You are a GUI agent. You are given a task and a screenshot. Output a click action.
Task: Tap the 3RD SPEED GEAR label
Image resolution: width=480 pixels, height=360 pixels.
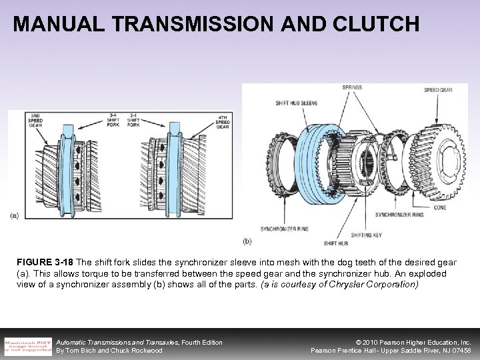click(x=35, y=121)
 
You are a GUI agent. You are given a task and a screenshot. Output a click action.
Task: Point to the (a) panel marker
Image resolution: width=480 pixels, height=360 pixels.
click(x=15, y=215)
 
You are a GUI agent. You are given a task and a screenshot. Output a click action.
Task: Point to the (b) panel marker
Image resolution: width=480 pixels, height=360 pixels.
click(x=247, y=240)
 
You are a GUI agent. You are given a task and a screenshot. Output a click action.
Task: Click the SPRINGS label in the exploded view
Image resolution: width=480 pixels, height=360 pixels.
click(x=353, y=87)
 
